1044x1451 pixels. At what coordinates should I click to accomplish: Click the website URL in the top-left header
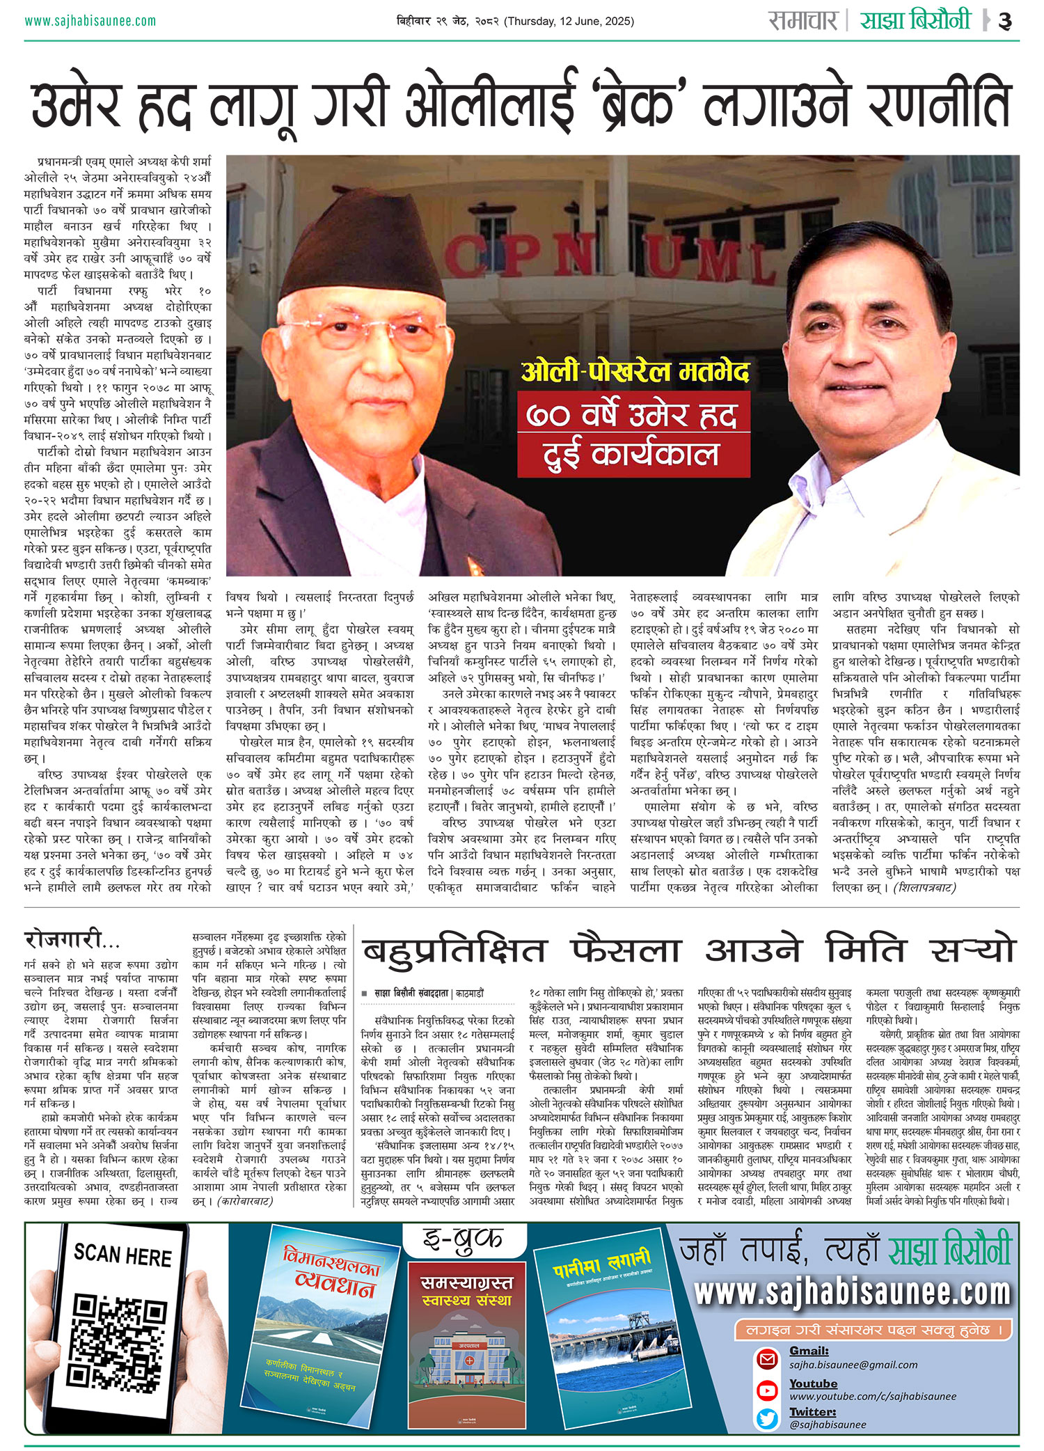coord(90,21)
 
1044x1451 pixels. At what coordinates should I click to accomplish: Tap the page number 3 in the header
coord(1005,21)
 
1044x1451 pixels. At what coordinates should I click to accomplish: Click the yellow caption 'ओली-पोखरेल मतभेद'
coord(635,372)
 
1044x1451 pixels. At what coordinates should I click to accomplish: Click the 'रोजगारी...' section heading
coord(72,940)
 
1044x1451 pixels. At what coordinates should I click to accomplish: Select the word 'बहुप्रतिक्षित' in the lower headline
coord(454,950)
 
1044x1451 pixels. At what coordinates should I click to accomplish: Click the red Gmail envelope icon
coord(767,1358)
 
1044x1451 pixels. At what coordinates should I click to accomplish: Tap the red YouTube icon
coord(767,1390)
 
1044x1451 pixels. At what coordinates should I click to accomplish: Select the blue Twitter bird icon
coord(767,1418)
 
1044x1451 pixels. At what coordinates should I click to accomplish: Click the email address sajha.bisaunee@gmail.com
coord(853,1365)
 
